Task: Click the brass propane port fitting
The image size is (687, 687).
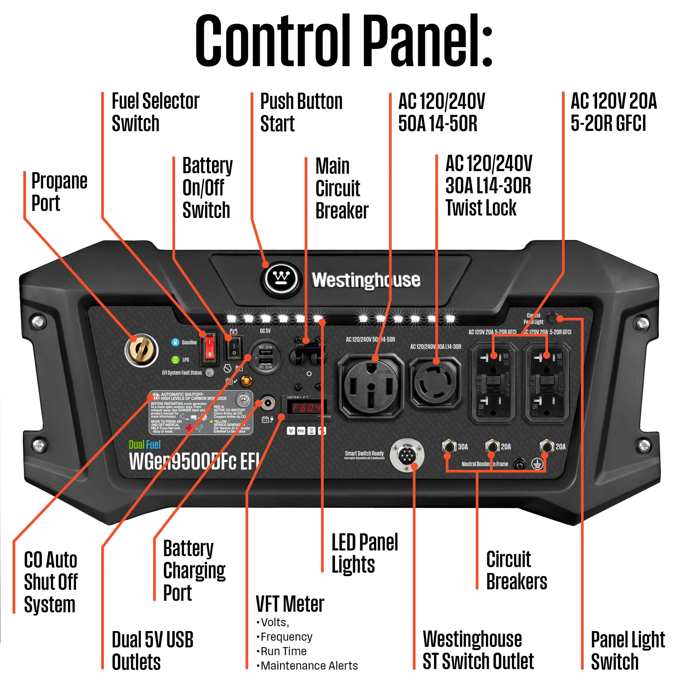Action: (x=141, y=350)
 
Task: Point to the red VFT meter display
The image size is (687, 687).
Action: (x=307, y=408)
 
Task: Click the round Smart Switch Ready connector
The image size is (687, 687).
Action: (x=407, y=455)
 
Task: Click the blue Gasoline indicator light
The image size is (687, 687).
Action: (x=175, y=342)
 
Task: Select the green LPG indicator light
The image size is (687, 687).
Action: (x=175, y=360)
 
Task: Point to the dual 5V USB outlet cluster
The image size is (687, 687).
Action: (x=266, y=357)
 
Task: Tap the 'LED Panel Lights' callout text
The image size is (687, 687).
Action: (x=365, y=553)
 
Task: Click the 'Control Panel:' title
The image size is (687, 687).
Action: (x=343, y=41)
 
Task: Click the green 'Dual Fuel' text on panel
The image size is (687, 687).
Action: (x=144, y=444)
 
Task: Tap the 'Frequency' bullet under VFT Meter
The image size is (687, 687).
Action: (x=286, y=637)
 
